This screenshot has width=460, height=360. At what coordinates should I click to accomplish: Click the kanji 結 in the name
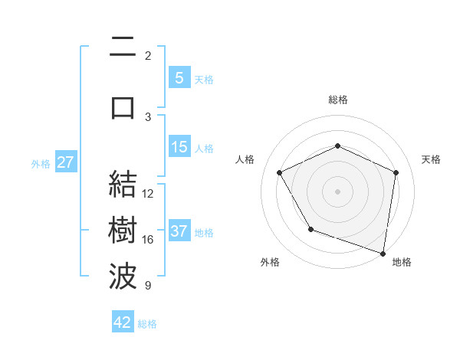coord(123,185)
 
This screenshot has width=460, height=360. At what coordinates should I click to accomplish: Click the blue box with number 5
coord(179,78)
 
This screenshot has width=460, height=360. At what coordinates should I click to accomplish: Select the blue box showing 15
coord(179,147)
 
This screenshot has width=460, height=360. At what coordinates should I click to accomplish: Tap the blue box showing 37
coord(179,231)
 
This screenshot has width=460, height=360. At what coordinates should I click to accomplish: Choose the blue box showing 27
coord(65,162)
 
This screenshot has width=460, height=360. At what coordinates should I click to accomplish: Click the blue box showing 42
coord(123,322)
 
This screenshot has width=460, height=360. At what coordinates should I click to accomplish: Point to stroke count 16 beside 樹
coord(148,240)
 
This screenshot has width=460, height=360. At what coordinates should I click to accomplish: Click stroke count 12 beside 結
coord(148,194)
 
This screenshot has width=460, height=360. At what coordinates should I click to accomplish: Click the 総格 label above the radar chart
coord(337,100)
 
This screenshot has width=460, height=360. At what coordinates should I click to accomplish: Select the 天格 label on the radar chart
coord(431,159)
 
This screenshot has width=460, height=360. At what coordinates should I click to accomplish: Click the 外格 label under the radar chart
coord(270,262)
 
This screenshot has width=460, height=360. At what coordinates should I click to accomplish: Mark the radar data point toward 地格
coord(383,253)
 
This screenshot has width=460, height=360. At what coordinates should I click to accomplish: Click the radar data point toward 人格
coord(280,172)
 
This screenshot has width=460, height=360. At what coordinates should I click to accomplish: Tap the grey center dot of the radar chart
coord(337,191)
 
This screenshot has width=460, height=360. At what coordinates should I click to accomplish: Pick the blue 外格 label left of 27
coord(41,163)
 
